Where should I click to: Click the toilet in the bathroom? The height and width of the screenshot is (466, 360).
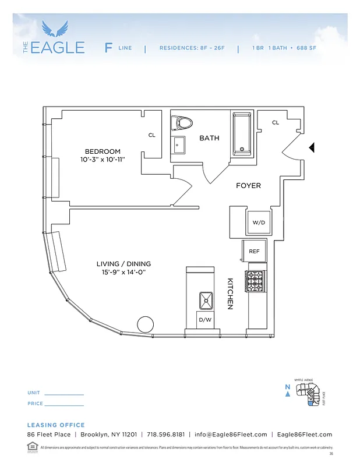pyautogui.click(x=182, y=123)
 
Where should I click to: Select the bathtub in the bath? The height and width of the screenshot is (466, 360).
pyautogui.click(x=242, y=132)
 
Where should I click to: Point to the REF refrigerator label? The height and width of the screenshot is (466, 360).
pyautogui.click(x=254, y=251)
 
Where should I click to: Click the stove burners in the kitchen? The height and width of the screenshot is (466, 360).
pyautogui.click(x=256, y=281)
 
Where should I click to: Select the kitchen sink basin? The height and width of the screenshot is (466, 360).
pyautogui.click(x=206, y=301)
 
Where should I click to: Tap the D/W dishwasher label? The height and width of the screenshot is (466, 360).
pyautogui.click(x=205, y=320)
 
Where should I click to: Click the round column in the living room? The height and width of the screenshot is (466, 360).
pyautogui.click(x=145, y=324)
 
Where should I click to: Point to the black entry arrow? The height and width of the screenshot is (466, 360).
pyautogui.click(x=312, y=148)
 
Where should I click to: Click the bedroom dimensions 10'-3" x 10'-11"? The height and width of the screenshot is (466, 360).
pyautogui.click(x=103, y=159)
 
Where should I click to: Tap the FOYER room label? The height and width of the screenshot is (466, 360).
pyautogui.click(x=248, y=186)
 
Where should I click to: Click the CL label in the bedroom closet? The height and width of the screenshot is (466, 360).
pyautogui.click(x=151, y=135)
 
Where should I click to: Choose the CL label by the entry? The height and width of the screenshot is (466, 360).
pyautogui.click(x=276, y=122)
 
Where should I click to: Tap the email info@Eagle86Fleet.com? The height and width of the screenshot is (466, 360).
pyautogui.click(x=231, y=435)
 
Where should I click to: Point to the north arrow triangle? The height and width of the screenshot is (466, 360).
pyautogui.click(x=288, y=394)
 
